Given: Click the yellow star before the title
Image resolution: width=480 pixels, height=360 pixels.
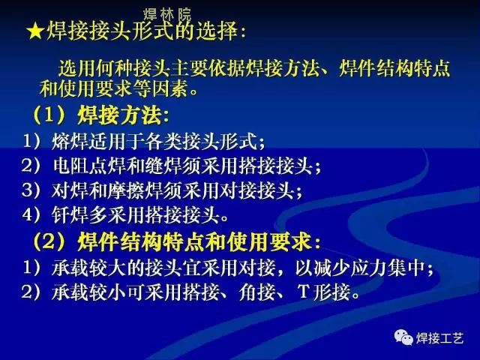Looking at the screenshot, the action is [x=35, y=31].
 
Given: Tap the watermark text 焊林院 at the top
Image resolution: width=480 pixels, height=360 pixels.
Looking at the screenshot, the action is [x=167, y=14].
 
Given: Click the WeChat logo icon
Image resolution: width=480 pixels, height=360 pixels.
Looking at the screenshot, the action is [x=403, y=337].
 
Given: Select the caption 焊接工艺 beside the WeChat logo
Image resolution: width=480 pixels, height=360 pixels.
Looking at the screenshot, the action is [x=439, y=338].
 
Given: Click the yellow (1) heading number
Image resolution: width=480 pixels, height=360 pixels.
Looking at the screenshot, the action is [x=49, y=115].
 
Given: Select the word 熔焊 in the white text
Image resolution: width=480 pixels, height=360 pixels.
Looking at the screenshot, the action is [x=70, y=142].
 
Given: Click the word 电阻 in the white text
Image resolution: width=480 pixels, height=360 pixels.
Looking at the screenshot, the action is [x=71, y=166].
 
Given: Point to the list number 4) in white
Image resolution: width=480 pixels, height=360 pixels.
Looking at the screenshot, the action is [x=31, y=214].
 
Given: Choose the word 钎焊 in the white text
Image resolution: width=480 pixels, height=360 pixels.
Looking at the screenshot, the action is [x=70, y=215].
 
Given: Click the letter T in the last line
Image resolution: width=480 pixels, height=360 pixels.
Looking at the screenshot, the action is [x=304, y=291].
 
